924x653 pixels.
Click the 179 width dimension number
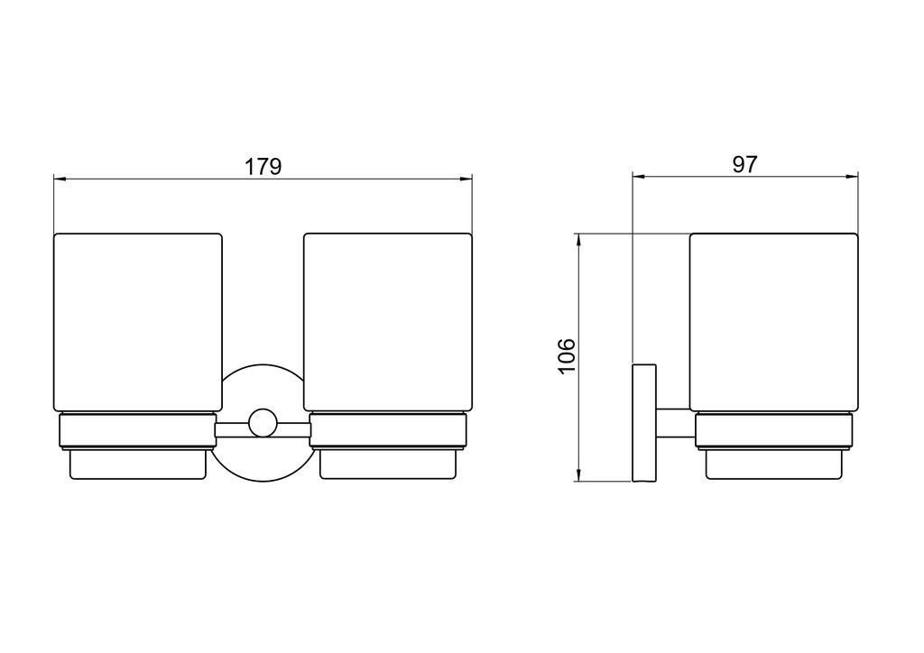tap(263, 167)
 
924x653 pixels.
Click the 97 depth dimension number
tap(744, 164)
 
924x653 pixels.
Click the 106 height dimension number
tap(566, 355)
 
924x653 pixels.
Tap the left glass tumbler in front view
tap(138, 322)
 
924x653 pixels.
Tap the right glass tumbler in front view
tap(388, 322)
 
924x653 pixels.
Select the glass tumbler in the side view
tap(773, 322)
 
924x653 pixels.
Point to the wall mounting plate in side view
tap(644, 423)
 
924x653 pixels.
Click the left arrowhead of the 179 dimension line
tap(58, 179)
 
